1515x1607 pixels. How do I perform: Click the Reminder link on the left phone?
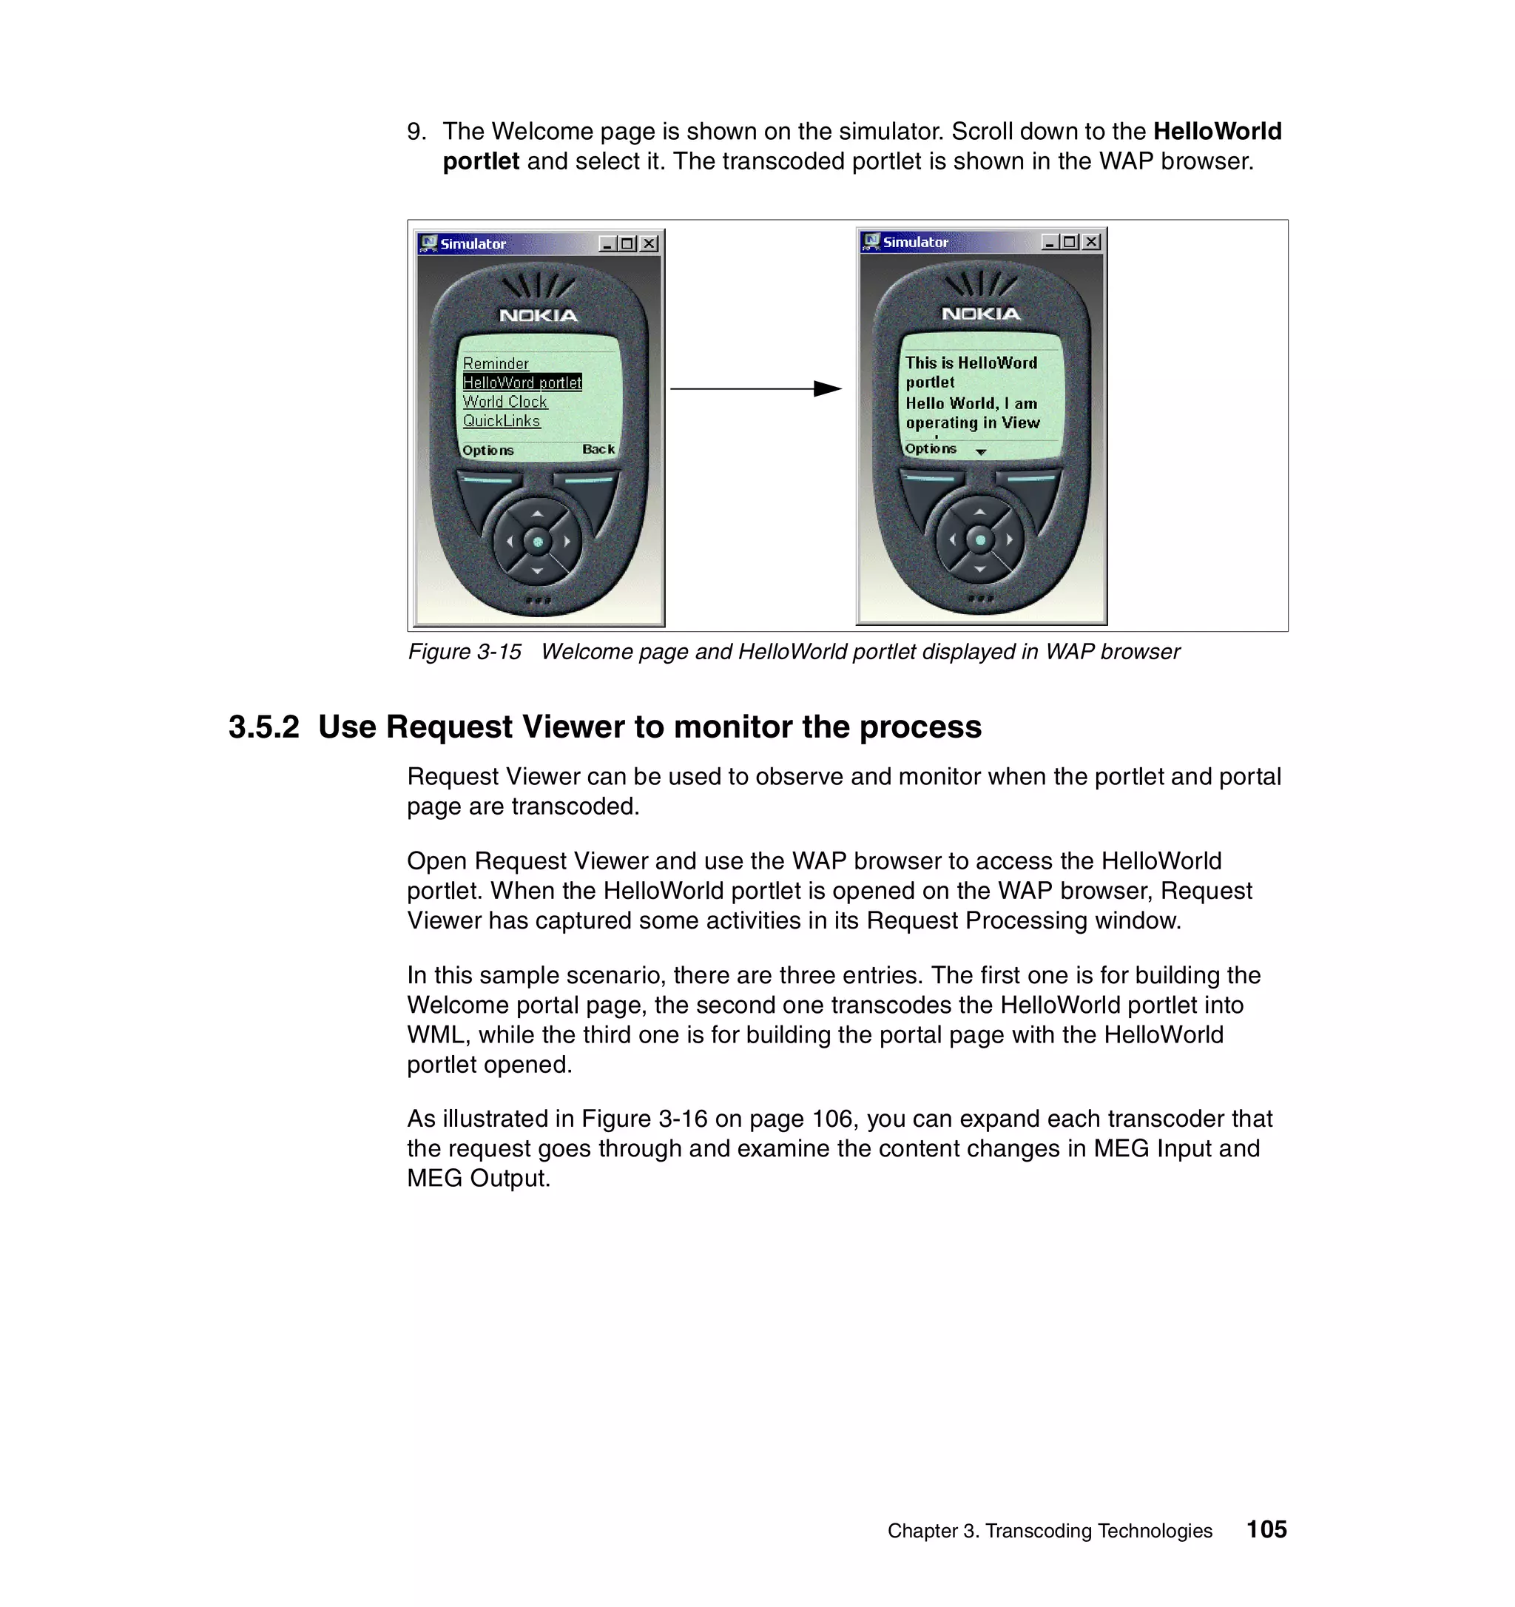[496, 364]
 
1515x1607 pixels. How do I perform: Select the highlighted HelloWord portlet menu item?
[522, 383]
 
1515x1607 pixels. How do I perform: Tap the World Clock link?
[505, 402]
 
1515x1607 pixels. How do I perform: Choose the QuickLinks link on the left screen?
[501, 421]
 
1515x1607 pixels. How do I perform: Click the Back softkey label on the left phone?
[598, 448]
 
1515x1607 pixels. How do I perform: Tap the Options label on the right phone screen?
[930, 448]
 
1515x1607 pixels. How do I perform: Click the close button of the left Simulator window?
[649, 243]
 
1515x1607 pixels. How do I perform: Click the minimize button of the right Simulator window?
[1050, 242]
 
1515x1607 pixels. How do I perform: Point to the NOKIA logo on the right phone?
[981, 314]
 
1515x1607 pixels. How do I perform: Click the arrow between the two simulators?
[755, 389]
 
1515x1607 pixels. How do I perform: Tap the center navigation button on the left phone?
[537, 542]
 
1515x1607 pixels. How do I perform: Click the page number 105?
[1266, 1529]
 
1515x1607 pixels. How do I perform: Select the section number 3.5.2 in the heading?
[263, 727]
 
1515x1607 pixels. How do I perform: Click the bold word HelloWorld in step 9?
[1217, 131]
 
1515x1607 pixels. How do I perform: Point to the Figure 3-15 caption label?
[465, 652]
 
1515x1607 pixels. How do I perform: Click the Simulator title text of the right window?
[916, 242]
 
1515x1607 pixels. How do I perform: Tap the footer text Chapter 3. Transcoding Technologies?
[1050, 1531]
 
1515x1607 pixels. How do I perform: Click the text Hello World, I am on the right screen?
[971, 403]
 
